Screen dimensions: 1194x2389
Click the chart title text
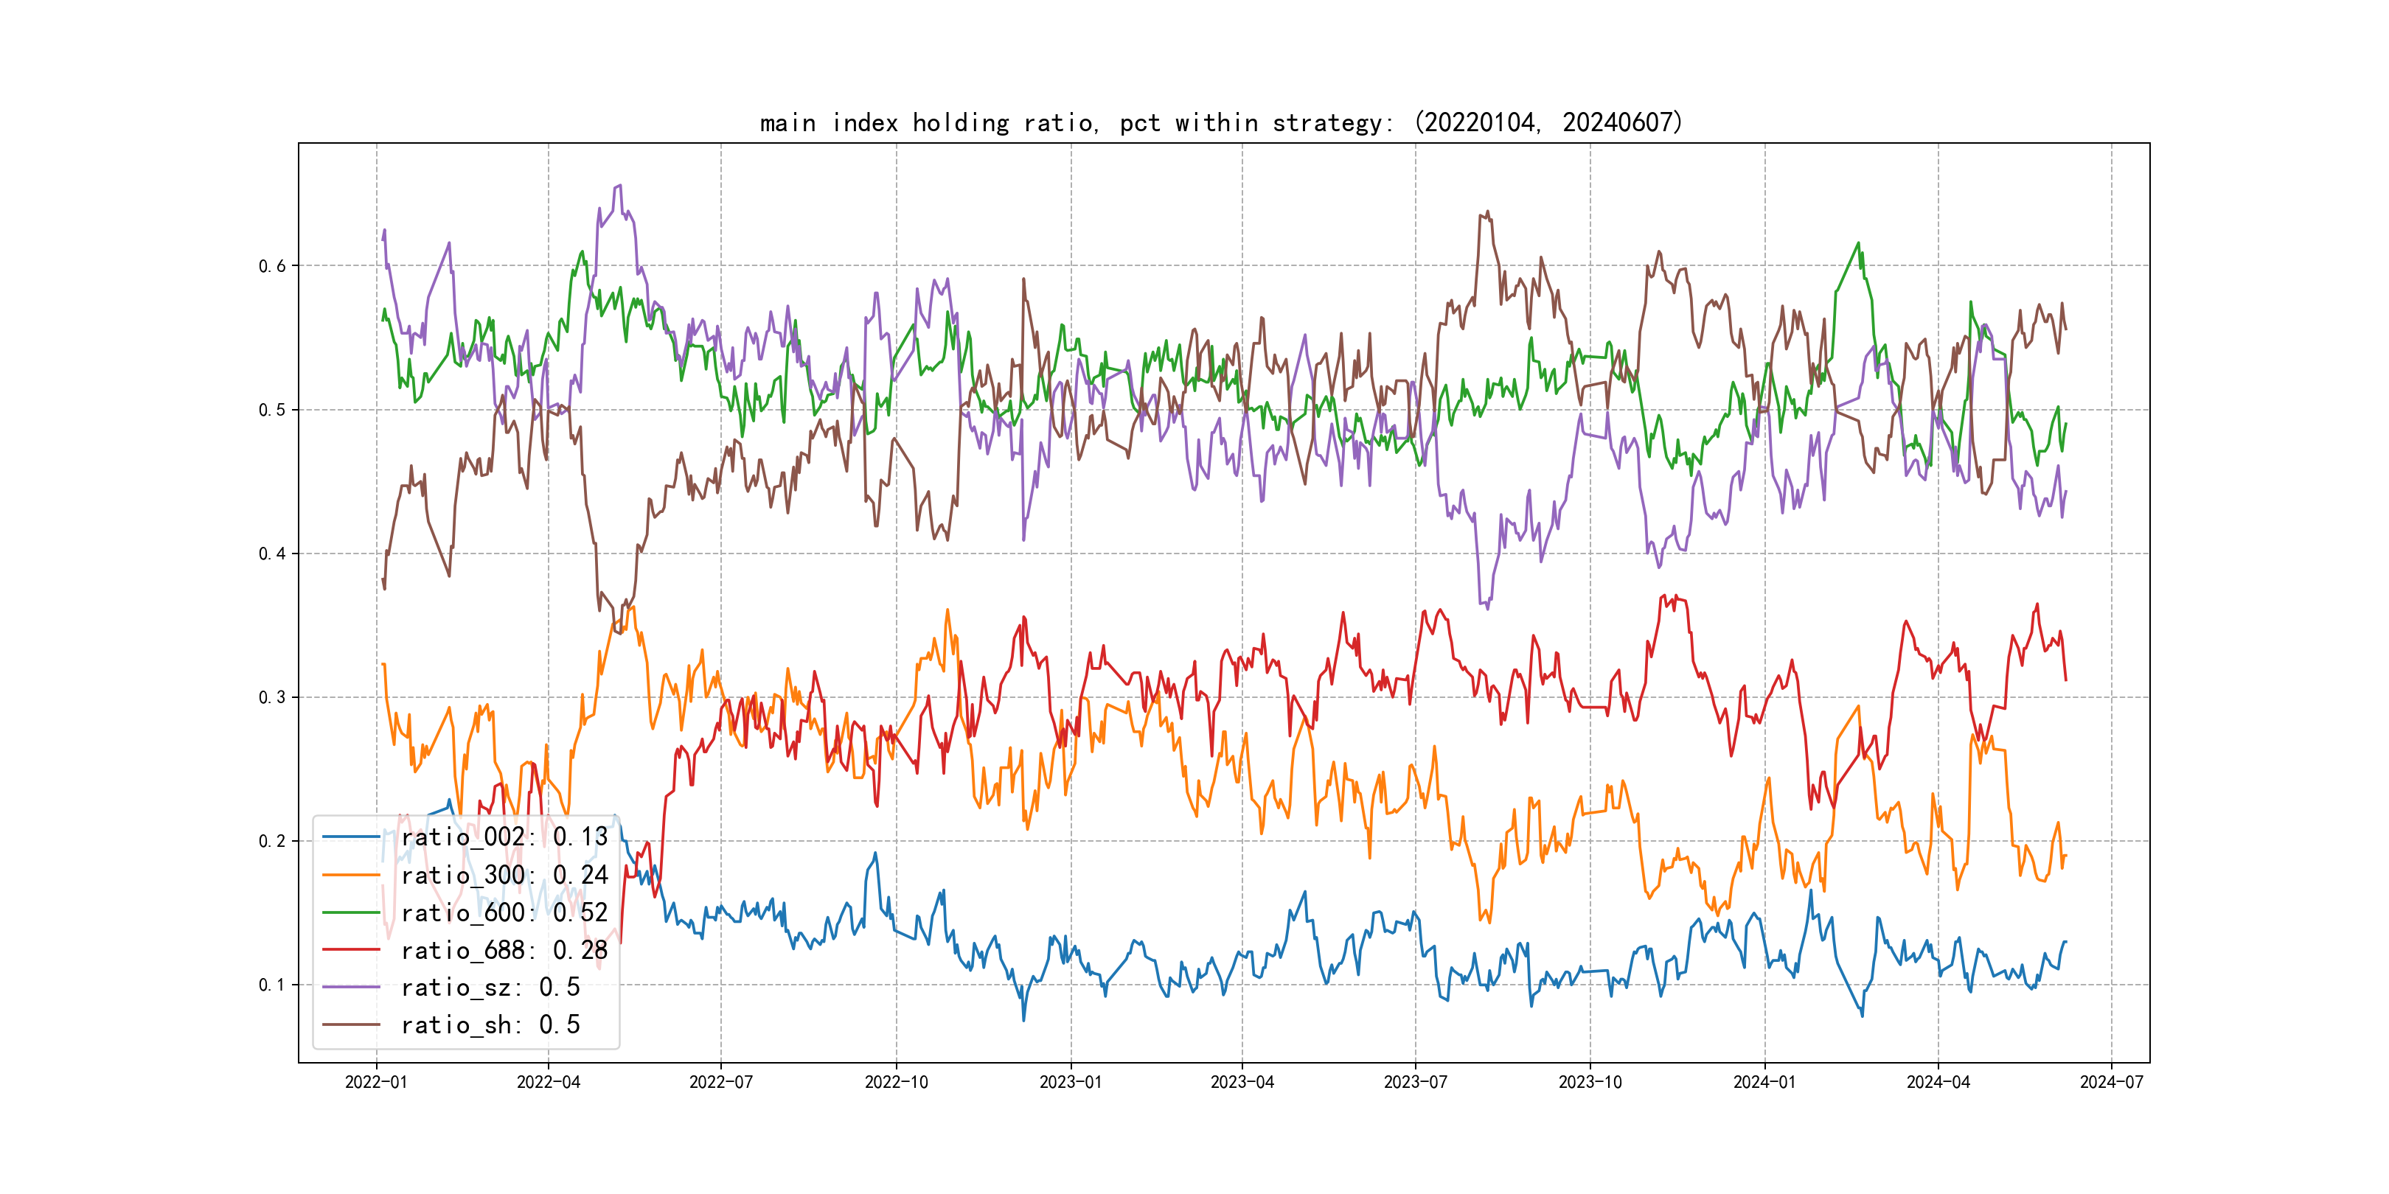coord(1220,122)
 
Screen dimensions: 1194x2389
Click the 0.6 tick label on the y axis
coord(272,266)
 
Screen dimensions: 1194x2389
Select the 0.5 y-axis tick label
coord(272,410)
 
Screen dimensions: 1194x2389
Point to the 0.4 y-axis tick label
coord(272,554)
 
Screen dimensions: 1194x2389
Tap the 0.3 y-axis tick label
coord(272,697)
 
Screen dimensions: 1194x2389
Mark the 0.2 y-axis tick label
coord(272,841)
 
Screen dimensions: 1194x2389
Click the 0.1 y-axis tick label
coord(272,985)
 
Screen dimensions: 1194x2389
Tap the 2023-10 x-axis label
coord(1590,1082)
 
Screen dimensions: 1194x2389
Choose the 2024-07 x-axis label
coord(2111,1082)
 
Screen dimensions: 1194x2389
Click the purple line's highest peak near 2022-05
coord(619,186)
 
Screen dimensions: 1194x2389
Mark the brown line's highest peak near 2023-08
coord(1487,212)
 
